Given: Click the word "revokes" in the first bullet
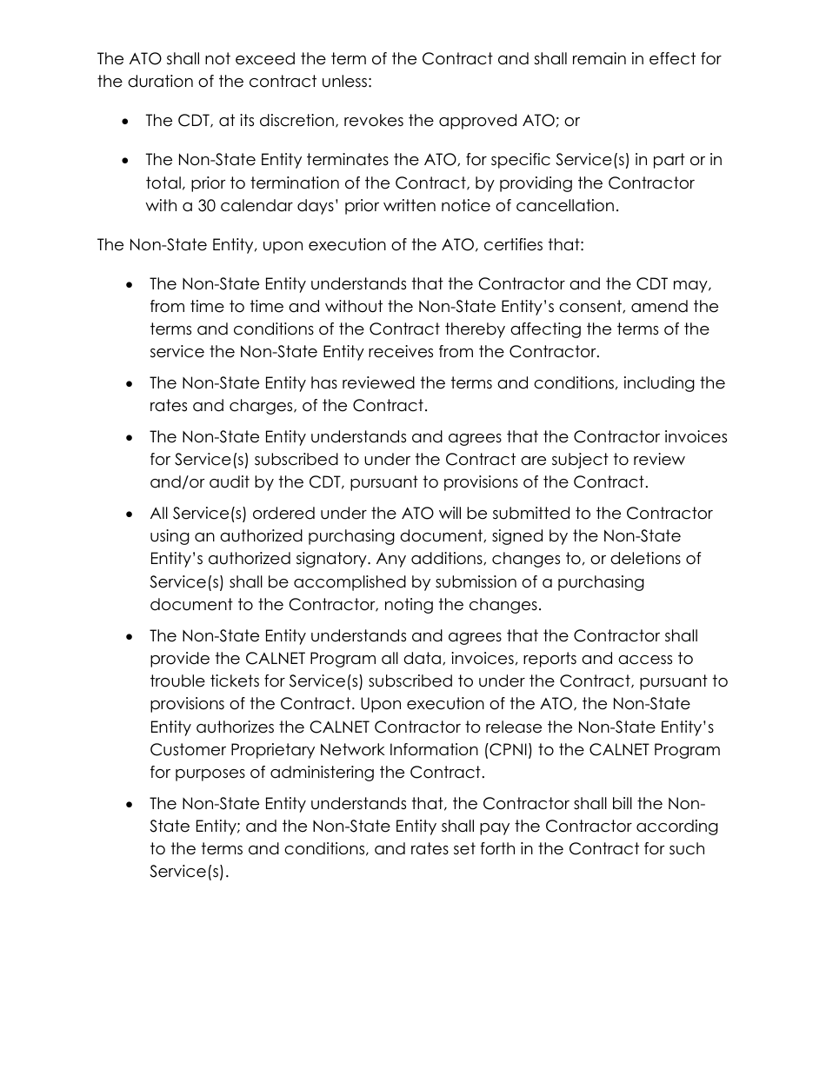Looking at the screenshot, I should (374, 121).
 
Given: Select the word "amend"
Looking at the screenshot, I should (695, 307).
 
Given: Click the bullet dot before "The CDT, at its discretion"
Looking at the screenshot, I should (127, 122).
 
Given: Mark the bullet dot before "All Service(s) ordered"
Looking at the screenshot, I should (130, 515).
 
